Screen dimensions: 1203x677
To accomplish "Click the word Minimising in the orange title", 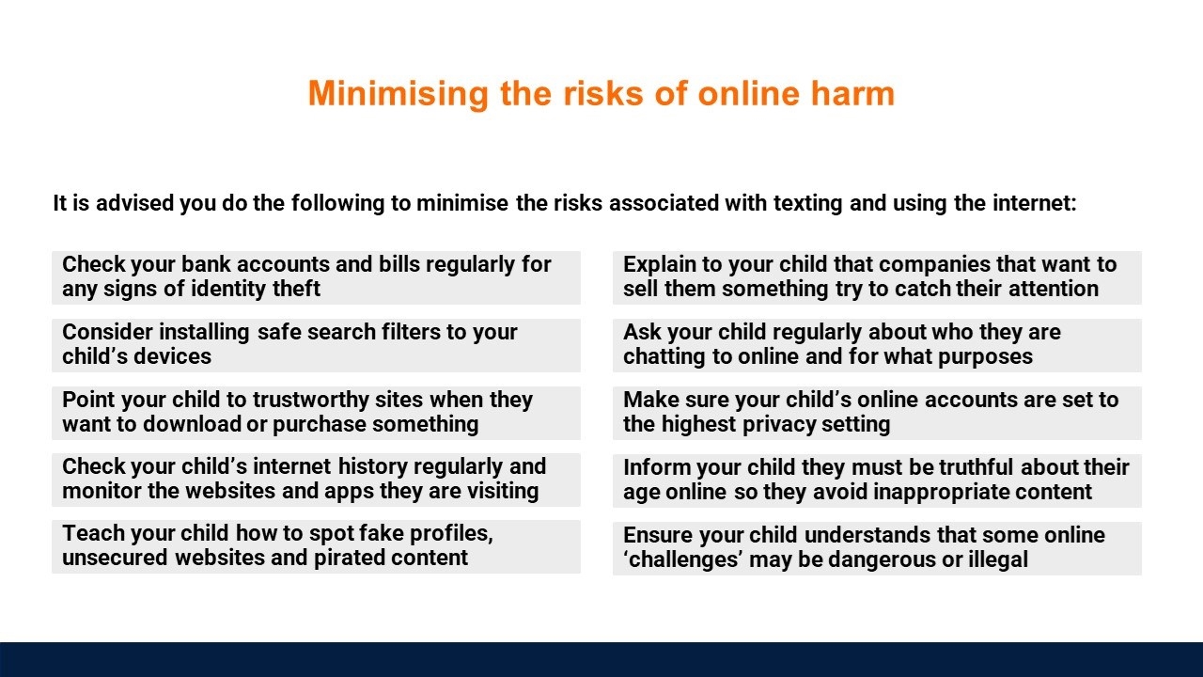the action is (x=398, y=94).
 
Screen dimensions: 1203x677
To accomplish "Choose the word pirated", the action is (x=349, y=558).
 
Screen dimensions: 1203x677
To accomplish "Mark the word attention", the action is (x=1054, y=289).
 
